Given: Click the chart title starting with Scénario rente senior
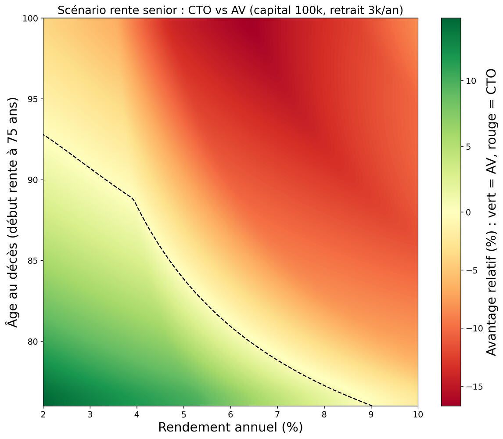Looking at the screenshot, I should pos(230,10).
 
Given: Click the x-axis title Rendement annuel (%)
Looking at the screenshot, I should pos(230,427).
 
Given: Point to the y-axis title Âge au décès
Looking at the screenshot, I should pos(13,212).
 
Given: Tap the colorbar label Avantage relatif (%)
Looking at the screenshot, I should pos(492,212).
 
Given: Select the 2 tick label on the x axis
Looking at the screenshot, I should pos(43,414).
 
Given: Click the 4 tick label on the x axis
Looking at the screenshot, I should pos(137,414).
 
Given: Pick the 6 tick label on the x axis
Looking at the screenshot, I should pos(230,414).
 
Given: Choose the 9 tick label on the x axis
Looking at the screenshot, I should pos(371,414).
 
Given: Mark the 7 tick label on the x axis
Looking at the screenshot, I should pos(277,414).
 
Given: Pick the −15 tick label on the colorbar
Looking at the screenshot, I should pos(474,387).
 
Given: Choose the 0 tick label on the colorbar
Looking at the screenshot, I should pos(469,212).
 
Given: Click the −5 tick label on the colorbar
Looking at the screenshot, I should pos(472,270).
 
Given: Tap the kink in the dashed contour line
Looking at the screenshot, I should pos(132,198).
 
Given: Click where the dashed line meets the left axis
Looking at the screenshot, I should pos(43,134).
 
